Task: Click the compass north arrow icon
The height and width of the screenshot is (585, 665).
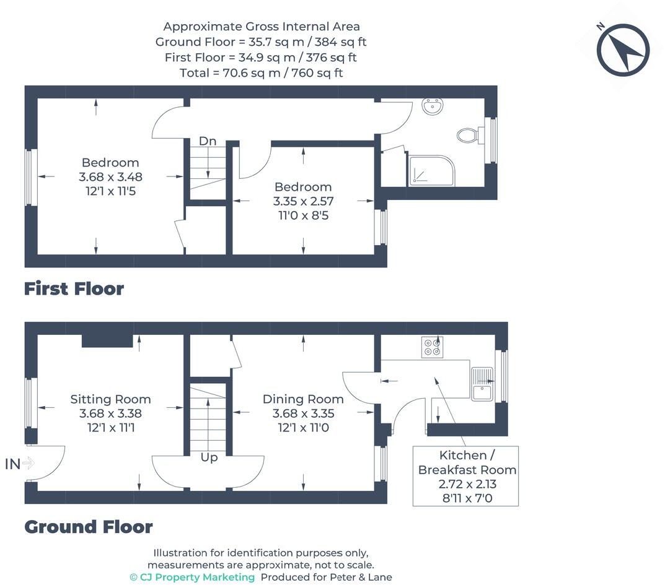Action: pos(623,50)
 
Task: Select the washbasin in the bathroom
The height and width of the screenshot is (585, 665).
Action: pos(433,106)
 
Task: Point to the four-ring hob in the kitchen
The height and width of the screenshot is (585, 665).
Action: pos(432,347)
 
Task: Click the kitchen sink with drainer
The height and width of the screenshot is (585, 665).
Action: pos(482,384)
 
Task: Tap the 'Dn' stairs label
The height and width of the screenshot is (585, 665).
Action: pos(208,141)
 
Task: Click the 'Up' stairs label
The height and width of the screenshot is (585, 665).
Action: pos(209,457)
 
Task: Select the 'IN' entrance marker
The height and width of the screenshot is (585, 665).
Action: pos(12,464)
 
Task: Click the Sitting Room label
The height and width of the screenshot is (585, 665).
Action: pos(110,399)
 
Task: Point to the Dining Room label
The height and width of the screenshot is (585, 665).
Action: pos(303,399)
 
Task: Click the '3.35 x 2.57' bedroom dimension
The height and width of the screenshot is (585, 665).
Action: pos(303,201)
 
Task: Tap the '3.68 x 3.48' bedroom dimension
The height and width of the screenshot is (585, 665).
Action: pos(110,176)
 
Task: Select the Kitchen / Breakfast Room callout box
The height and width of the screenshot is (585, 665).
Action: pos(465,476)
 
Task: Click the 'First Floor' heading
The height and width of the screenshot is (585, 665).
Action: pos(74,289)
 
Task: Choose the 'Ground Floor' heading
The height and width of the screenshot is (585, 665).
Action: pos(88,527)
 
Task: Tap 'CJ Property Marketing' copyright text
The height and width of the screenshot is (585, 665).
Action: pos(192,577)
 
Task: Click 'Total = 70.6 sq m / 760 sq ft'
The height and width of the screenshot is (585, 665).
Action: pos(262,73)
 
